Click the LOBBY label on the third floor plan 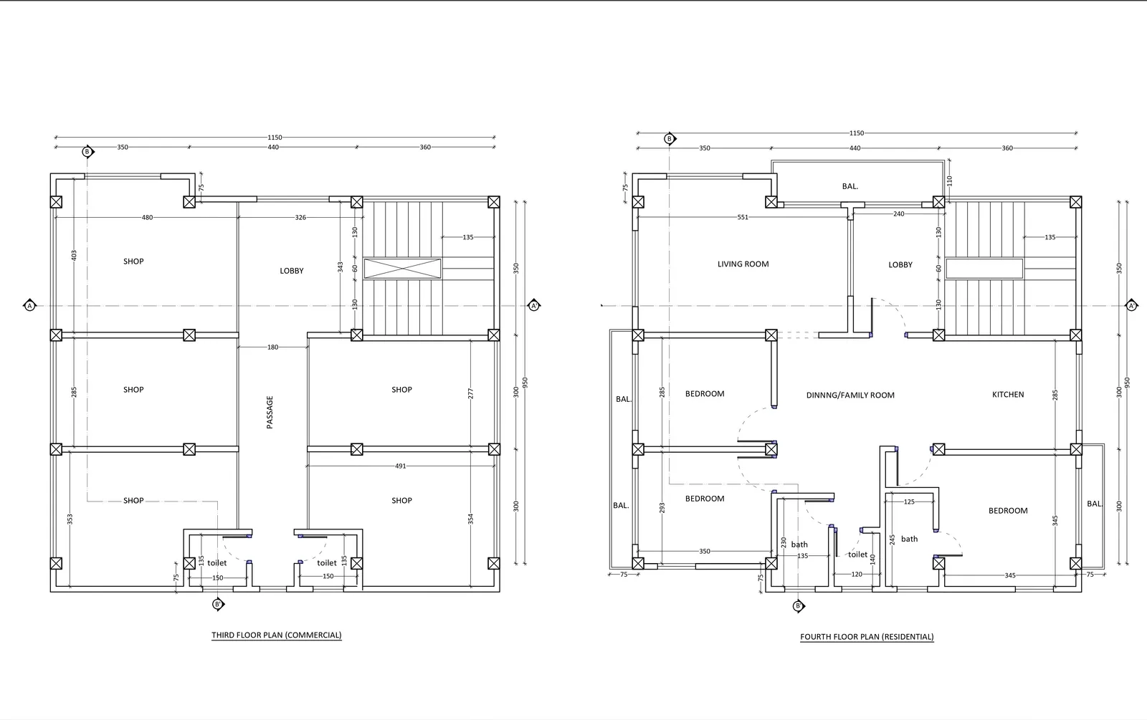coord(292,271)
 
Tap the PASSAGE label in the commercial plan coord(270,412)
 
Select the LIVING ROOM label coord(743,264)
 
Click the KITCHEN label coord(1008,395)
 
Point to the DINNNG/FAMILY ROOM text coord(850,395)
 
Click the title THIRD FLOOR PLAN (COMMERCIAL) coord(276,635)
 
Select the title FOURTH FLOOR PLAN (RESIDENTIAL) coord(867,637)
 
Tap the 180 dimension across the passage coord(272,347)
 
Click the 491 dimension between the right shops coord(400,466)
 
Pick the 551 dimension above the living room coord(743,217)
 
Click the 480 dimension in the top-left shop coord(147,218)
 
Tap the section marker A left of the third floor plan coord(29,306)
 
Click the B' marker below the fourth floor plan coord(799,607)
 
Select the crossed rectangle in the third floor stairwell coord(402,269)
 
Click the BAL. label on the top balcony coord(850,186)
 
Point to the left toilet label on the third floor coord(216,563)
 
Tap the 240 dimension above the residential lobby coord(898,214)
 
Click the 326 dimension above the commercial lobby coord(300,218)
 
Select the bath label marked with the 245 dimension coord(909,539)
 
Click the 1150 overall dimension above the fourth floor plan coord(857,133)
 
